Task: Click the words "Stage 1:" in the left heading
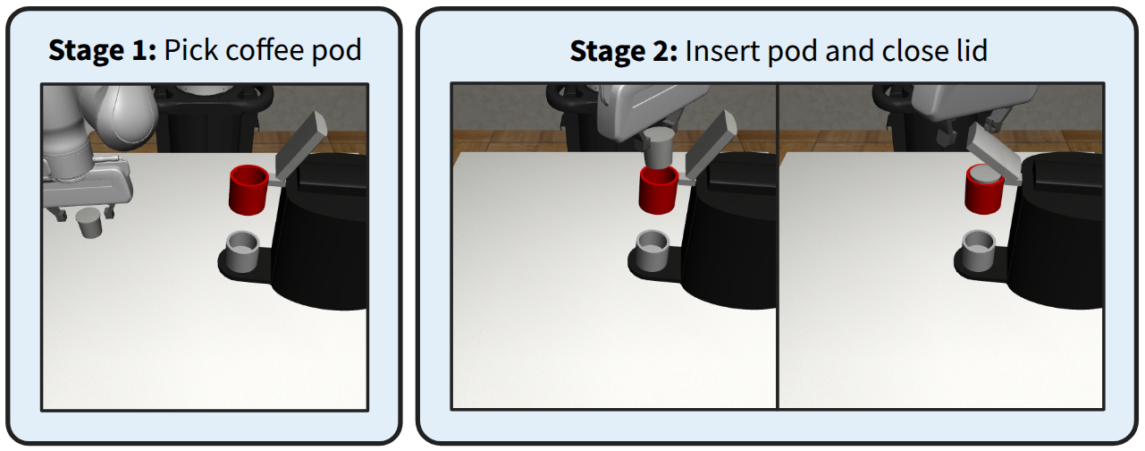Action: (x=104, y=49)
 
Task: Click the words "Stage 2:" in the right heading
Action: (x=624, y=51)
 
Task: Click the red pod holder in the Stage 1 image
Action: (x=248, y=189)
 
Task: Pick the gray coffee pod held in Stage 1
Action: (x=90, y=224)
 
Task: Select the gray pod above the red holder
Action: (x=661, y=149)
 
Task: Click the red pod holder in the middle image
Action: (x=660, y=191)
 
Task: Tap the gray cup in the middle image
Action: (x=652, y=250)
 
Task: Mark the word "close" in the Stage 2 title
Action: (x=906, y=51)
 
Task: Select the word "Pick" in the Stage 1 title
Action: (x=189, y=49)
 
